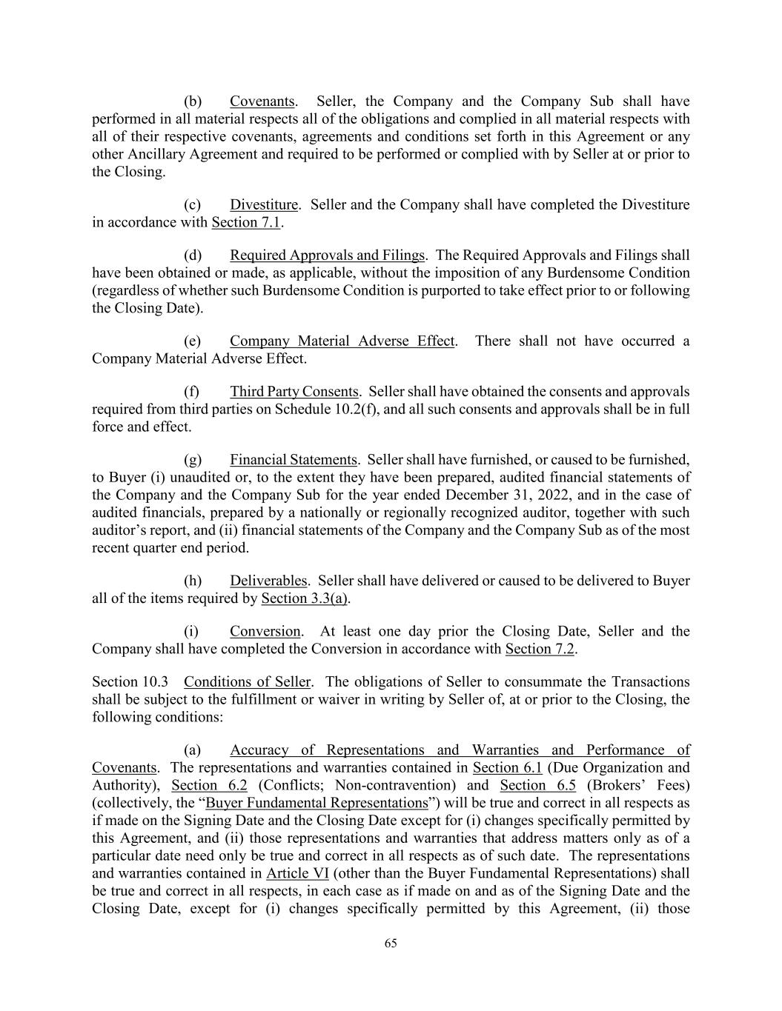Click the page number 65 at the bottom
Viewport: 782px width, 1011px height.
click(x=391, y=943)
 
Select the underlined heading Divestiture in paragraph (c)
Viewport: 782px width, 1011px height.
click(x=264, y=204)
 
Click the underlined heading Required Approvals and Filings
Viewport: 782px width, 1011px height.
click(x=327, y=256)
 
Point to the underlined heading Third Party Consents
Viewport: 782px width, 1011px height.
click(x=294, y=391)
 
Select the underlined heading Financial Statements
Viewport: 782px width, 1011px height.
click(x=293, y=459)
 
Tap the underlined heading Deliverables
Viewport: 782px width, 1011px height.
click(x=268, y=581)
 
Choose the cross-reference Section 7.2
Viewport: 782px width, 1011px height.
click(x=540, y=649)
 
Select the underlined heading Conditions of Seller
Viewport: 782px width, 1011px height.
click(x=248, y=681)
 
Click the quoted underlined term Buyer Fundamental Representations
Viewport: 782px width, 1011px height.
click(x=317, y=803)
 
